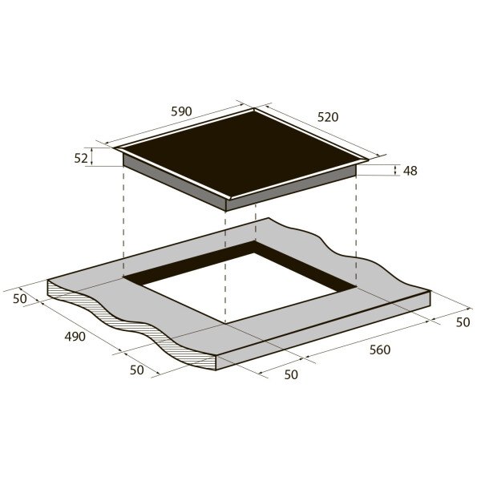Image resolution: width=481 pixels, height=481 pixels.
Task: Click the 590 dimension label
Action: pos(181,111)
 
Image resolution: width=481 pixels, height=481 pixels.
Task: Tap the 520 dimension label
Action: pos(328,117)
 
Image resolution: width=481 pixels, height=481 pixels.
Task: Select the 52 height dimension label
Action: pos(81,158)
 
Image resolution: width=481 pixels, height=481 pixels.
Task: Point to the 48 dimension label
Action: pos(410,171)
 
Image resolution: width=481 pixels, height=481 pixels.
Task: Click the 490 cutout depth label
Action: pos(75,337)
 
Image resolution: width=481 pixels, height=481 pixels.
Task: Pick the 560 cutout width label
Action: pos(380,350)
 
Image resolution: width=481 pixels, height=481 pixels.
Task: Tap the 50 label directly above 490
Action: pos(20,298)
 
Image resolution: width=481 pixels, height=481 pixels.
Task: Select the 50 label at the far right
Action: pos(463,322)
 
